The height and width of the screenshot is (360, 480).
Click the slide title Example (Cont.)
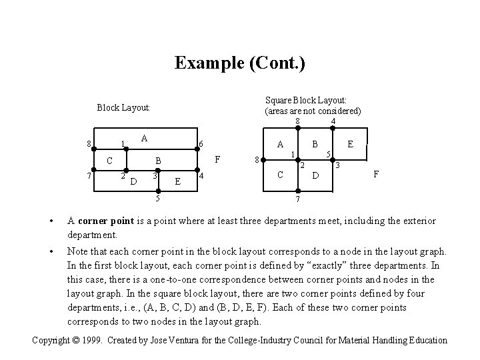(x=239, y=63)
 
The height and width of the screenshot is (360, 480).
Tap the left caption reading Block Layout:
(x=123, y=107)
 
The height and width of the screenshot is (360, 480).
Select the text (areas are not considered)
(x=313, y=111)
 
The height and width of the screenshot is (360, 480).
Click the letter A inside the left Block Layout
(x=144, y=138)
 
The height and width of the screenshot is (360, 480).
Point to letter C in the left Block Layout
(x=110, y=161)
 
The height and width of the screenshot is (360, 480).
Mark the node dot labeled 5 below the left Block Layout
(x=158, y=189)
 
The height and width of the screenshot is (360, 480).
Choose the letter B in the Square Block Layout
(x=315, y=143)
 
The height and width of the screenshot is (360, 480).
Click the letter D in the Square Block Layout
(x=317, y=176)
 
